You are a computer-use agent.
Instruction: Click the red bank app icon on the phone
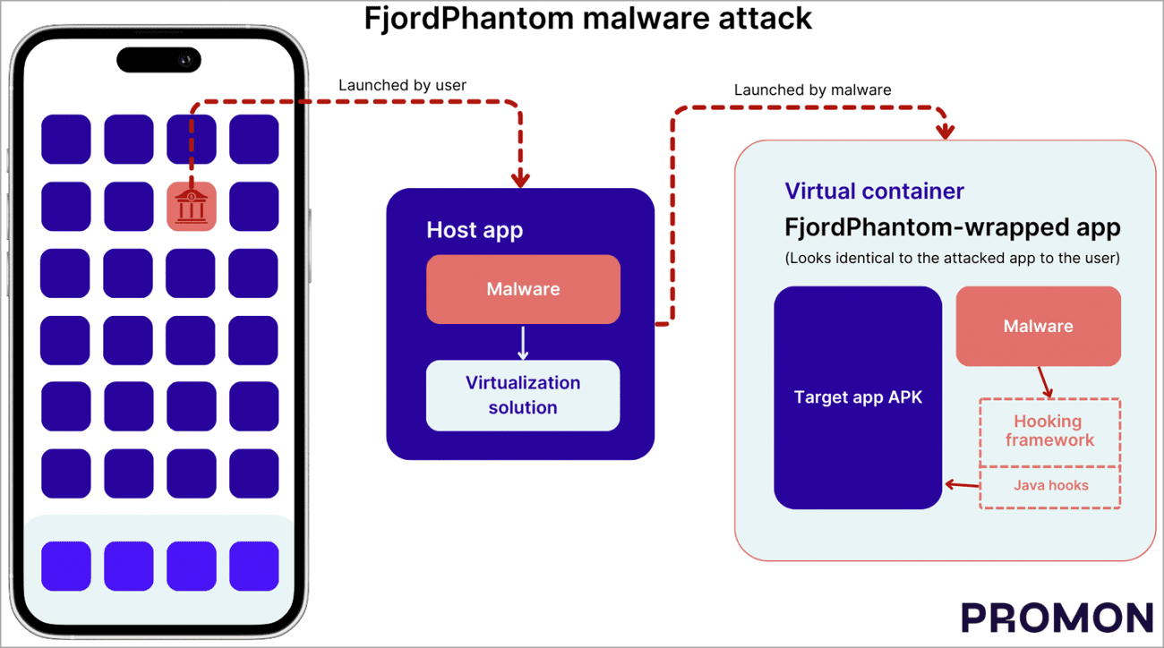click(x=191, y=207)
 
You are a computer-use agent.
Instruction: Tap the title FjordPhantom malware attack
click(x=587, y=18)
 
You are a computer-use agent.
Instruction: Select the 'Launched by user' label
click(x=402, y=86)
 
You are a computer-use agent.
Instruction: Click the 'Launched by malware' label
click(x=812, y=90)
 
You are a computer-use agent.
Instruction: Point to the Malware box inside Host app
click(x=523, y=289)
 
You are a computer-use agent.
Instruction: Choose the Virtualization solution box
click(x=523, y=395)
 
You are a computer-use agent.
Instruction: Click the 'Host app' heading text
click(x=474, y=230)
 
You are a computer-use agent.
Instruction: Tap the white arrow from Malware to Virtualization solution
click(x=523, y=342)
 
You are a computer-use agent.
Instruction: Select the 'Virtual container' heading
click(x=874, y=191)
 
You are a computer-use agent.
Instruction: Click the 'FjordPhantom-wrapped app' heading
click(x=952, y=226)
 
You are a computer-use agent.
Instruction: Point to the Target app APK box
click(x=858, y=397)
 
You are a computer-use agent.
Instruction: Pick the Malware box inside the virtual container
click(x=1038, y=326)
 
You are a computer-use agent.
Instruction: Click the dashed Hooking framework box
click(x=1049, y=431)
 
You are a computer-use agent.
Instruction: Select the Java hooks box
click(x=1050, y=486)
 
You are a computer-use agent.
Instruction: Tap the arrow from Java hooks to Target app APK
click(x=962, y=486)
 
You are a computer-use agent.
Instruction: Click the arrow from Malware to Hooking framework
click(x=1043, y=382)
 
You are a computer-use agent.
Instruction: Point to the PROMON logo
click(x=1057, y=618)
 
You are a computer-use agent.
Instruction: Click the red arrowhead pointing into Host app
click(x=520, y=178)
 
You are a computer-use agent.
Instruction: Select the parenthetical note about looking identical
click(x=952, y=259)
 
